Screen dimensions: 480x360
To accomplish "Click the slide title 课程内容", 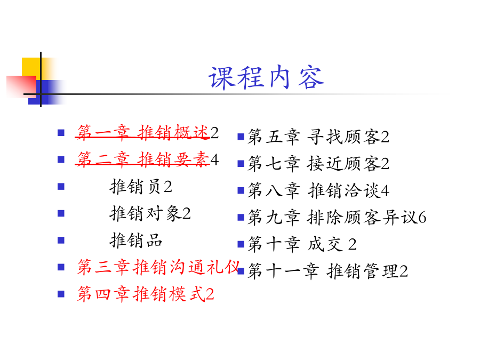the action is [x=266, y=78].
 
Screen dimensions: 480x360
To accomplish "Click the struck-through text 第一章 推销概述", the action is [x=142, y=133].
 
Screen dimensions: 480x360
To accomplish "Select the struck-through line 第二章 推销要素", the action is [x=142, y=159].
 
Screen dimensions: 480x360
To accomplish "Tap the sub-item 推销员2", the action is [x=141, y=187].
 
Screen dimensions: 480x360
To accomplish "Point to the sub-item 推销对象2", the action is [x=150, y=213].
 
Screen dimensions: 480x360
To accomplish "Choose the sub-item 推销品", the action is [x=135, y=241].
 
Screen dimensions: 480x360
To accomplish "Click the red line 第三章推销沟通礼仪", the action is [x=158, y=267].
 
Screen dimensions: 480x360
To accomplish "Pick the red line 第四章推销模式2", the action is [x=146, y=294].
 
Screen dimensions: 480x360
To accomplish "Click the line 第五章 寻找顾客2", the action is [x=318, y=137].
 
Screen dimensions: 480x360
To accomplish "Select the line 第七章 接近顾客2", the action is [x=318, y=164].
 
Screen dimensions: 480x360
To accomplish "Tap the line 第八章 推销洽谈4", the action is [x=318, y=190].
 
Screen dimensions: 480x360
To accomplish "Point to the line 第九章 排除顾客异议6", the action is [x=337, y=218].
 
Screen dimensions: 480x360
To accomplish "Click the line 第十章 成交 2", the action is [x=302, y=244].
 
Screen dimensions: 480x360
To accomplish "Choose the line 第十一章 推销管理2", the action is [x=327, y=271].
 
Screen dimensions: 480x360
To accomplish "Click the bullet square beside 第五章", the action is [x=241, y=137].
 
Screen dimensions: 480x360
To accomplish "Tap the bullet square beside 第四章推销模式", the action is [x=61, y=294].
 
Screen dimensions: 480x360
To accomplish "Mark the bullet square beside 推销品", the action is [x=61, y=240].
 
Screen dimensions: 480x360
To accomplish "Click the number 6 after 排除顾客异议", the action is [x=422, y=218].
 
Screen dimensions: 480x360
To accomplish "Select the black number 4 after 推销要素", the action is [x=214, y=159].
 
